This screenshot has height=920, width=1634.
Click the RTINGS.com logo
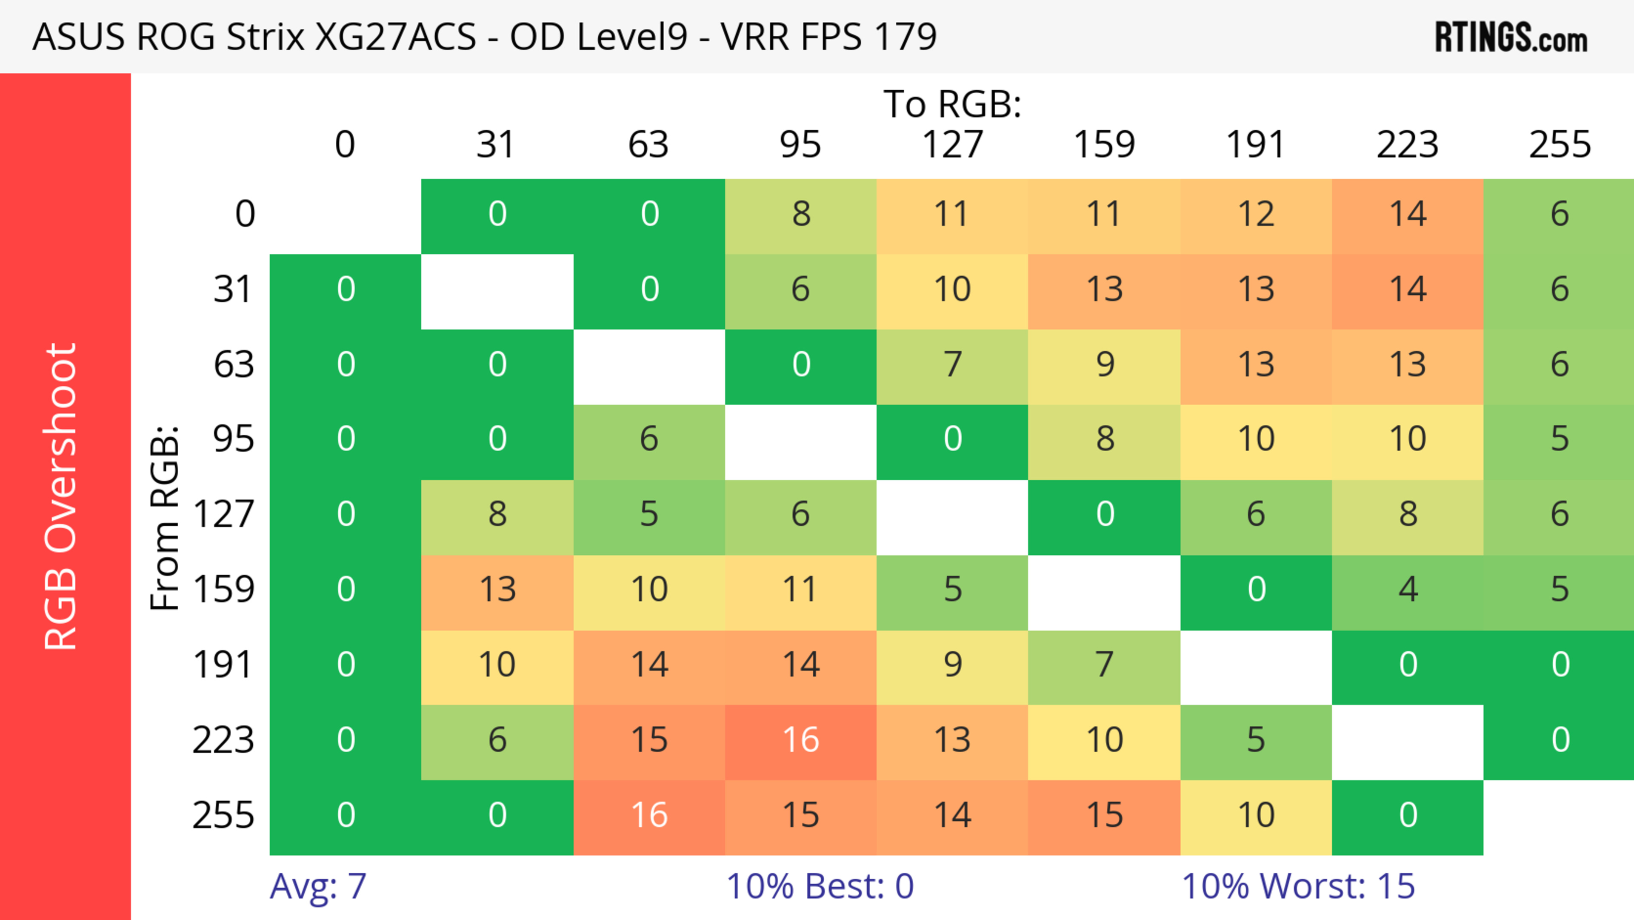tap(1511, 37)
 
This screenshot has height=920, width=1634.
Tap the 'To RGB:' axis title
tap(952, 103)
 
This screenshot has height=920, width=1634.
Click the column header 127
tap(952, 145)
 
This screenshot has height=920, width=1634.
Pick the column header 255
tap(1559, 145)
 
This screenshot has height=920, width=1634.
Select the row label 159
tap(223, 589)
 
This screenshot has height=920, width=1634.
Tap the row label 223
tap(223, 740)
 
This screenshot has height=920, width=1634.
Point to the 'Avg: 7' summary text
tap(318, 886)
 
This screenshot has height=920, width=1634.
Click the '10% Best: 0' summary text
tap(820, 886)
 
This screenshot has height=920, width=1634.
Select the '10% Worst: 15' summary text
tap(1298, 886)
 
